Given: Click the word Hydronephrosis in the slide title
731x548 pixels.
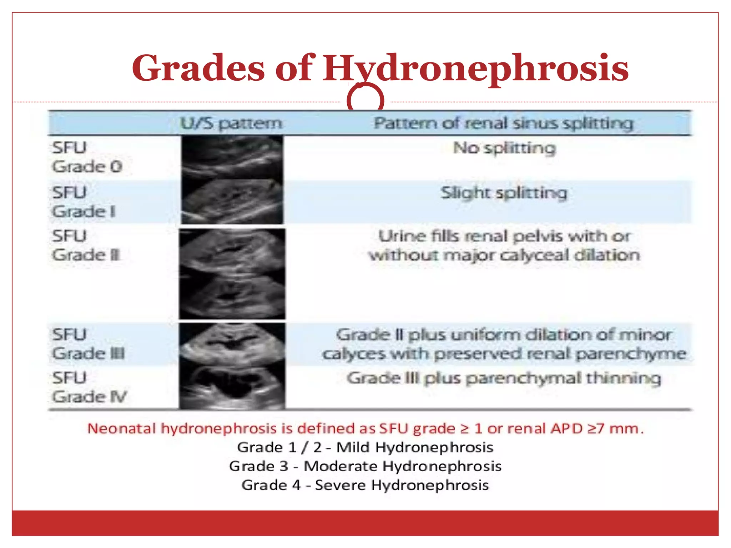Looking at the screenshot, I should pos(475,68).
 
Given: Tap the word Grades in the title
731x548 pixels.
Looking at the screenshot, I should pos(198,68).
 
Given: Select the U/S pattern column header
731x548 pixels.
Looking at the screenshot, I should pos(231,123).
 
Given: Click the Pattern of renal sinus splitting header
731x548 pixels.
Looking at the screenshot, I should pos(503,123).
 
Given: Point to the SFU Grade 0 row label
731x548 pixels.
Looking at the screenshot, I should pos(87,157).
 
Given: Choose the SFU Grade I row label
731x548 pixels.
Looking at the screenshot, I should pos(84,202).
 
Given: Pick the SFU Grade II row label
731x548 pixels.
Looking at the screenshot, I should pos(86,245).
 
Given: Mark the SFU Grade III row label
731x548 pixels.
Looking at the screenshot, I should pos(88,344).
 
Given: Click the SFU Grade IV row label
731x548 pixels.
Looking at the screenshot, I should pos(89,387).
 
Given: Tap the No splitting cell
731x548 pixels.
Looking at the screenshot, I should pos(504,148).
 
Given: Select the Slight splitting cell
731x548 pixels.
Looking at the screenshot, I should pos(503,193).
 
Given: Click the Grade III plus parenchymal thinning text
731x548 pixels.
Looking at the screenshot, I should pos(503,378).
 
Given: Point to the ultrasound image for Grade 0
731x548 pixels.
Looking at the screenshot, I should pos(232,157).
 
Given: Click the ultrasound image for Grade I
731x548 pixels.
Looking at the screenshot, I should pos(232,202).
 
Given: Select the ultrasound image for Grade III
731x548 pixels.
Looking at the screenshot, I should pos(232,344).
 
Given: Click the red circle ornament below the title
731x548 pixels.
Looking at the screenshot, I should pos(365,100).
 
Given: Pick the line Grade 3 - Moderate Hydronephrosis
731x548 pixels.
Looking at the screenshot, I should pos(365,466).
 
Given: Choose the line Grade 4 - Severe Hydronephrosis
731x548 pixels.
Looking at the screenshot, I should pos(365,485).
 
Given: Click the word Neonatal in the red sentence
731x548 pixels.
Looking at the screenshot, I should pos(121,428).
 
